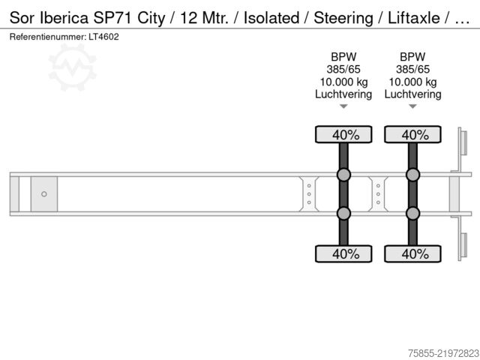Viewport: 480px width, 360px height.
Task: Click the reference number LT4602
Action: (x=103, y=37)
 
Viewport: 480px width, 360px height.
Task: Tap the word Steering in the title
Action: (x=343, y=18)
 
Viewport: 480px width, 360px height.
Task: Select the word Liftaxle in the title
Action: (x=413, y=18)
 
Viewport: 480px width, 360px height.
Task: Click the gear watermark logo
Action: (x=73, y=67)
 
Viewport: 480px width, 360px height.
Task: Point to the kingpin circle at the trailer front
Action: (x=44, y=194)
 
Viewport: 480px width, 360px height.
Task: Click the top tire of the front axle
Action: (x=343, y=134)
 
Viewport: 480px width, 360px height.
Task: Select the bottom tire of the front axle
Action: (x=343, y=253)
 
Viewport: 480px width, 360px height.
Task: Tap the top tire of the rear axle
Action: (x=412, y=134)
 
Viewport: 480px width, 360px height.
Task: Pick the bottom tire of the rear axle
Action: (x=412, y=253)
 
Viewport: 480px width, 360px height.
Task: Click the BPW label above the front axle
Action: (x=343, y=57)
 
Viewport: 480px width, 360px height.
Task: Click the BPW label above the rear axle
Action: (x=412, y=57)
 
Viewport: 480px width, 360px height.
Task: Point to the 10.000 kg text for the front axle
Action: (x=343, y=82)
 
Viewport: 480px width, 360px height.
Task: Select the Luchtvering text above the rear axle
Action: (x=412, y=94)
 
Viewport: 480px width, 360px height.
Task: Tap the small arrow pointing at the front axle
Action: (x=343, y=106)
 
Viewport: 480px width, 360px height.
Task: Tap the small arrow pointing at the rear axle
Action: (x=412, y=106)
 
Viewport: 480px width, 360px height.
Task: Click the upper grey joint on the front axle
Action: (x=343, y=175)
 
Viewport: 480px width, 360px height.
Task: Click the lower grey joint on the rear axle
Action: (x=412, y=213)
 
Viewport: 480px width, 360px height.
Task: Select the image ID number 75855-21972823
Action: (x=443, y=353)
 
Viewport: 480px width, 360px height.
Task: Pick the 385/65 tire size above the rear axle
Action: (x=412, y=70)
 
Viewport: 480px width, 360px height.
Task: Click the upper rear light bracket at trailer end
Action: (x=463, y=143)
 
